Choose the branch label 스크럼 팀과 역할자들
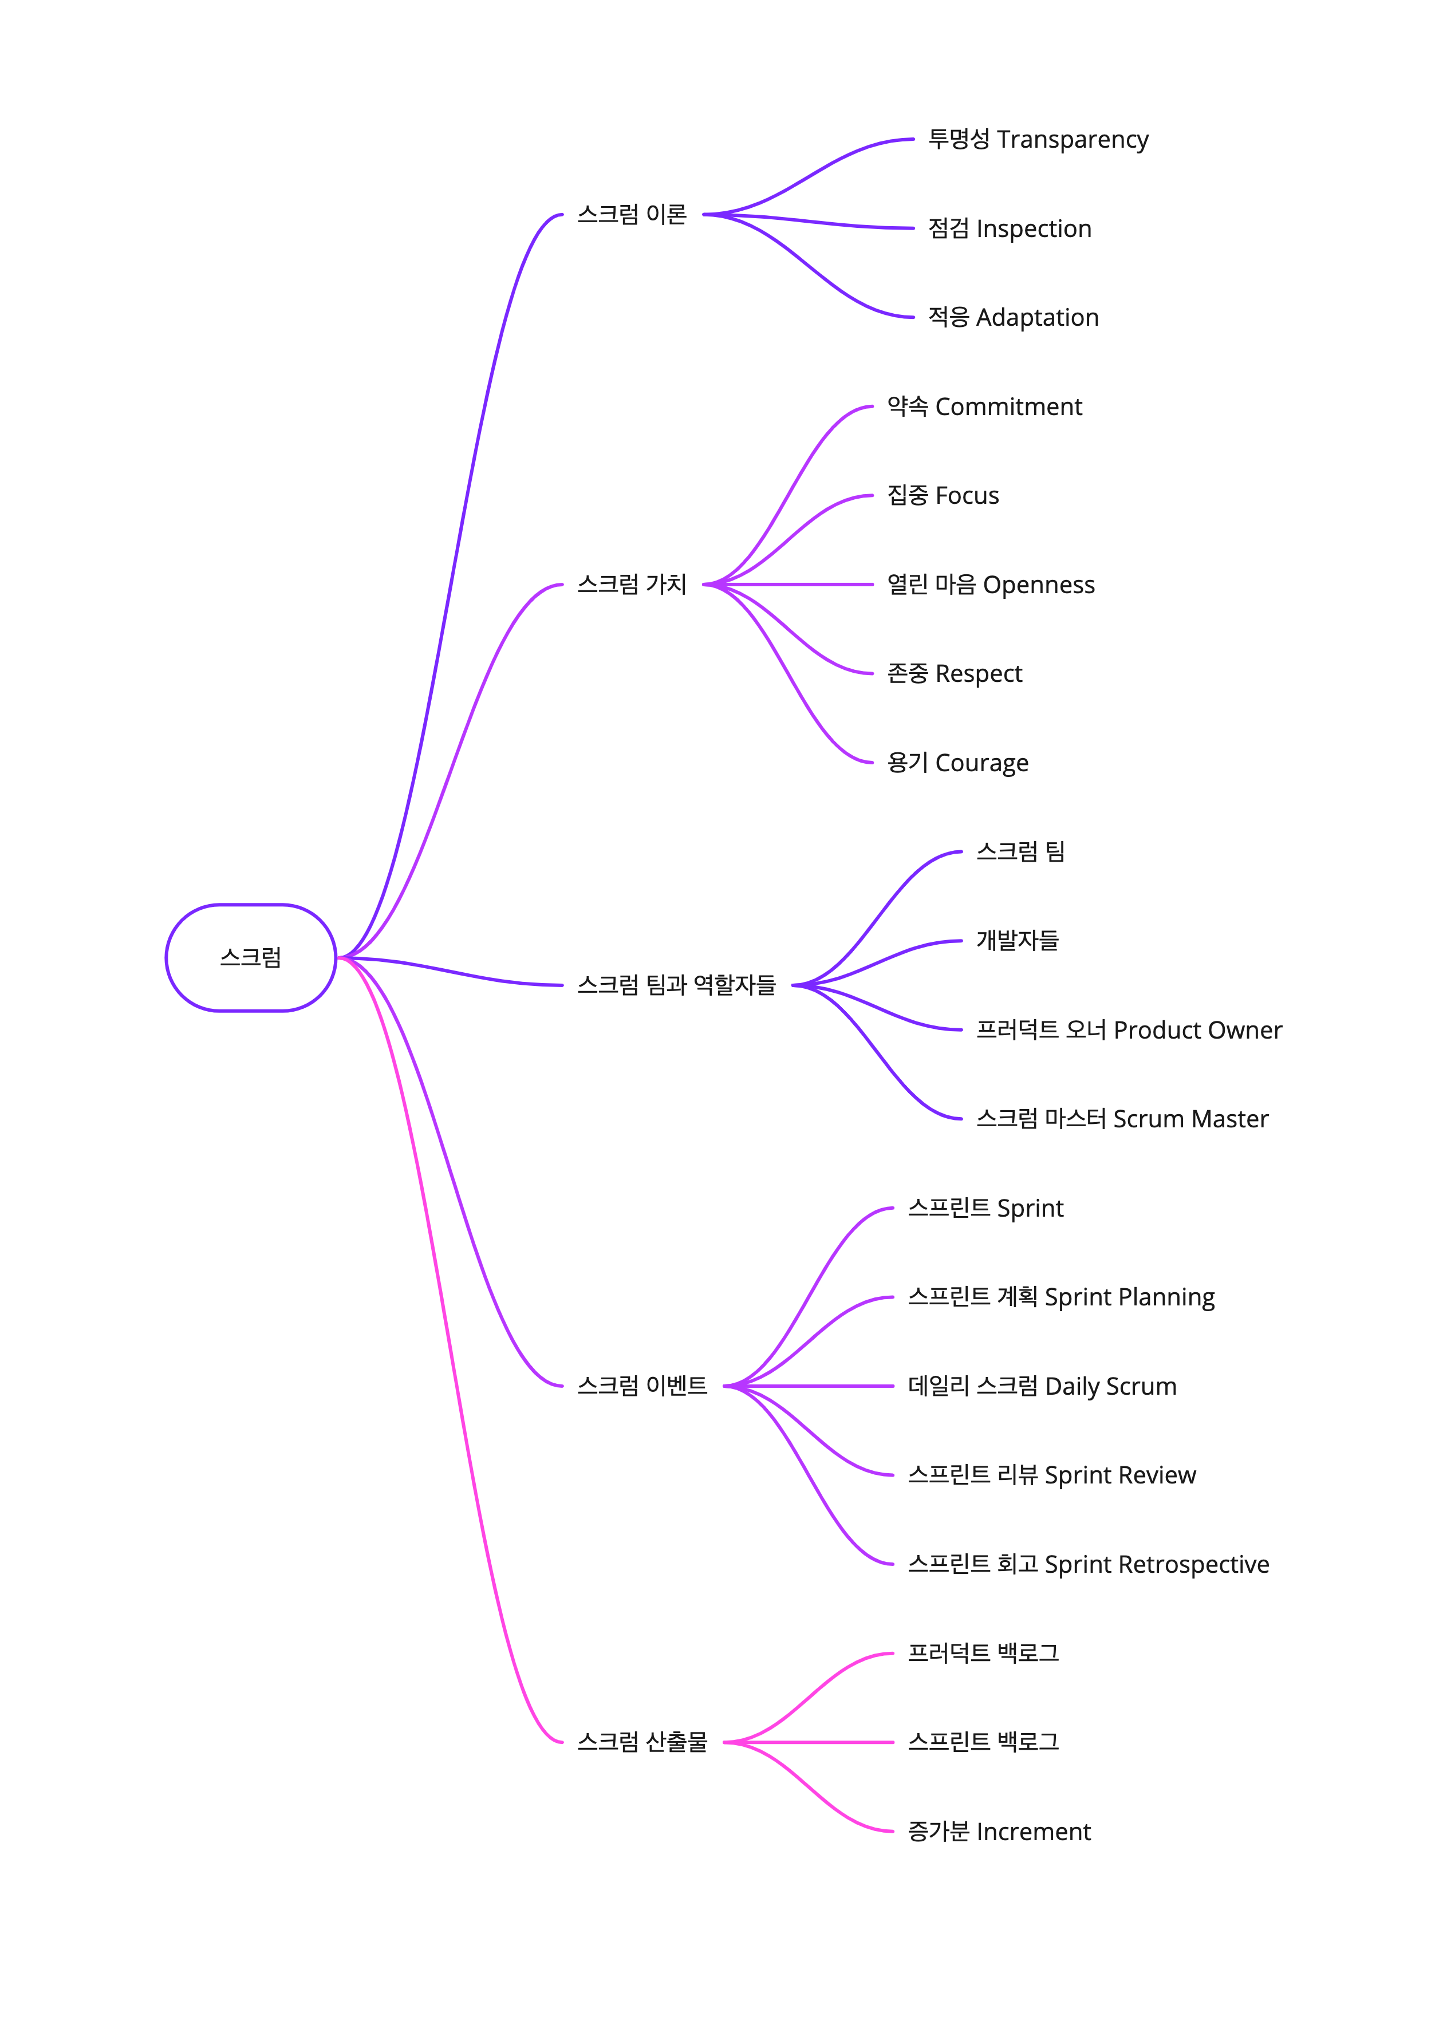click(x=676, y=985)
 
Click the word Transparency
click(x=1072, y=140)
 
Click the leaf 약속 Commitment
click(x=984, y=407)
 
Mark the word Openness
click(x=1038, y=585)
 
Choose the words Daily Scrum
click(x=1110, y=1386)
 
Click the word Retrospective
click(x=1193, y=1564)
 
